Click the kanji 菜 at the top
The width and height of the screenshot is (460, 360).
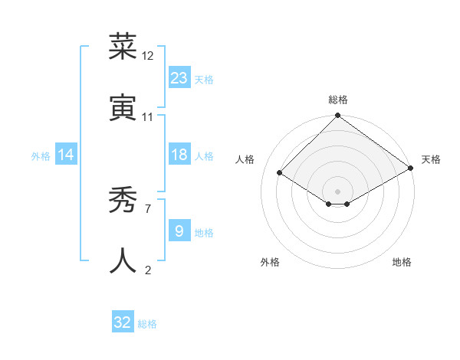coord(123,47)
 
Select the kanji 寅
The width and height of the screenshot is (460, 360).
coord(123,108)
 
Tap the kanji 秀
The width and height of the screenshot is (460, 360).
coord(123,201)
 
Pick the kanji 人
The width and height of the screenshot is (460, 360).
coord(123,261)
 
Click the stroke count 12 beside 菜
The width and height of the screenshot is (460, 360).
coord(148,56)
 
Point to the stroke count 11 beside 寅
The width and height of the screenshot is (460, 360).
coord(148,117)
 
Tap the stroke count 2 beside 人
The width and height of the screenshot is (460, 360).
coord(147,270)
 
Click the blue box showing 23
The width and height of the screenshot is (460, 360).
coord(179,78)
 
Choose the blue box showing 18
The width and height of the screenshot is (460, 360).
coord(179,155)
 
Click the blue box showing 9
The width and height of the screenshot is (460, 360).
coord(179,231)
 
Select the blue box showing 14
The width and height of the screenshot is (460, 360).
coord(66,155)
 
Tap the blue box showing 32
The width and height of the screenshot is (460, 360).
coord(123,323)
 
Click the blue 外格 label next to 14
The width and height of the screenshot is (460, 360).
coord(41,155)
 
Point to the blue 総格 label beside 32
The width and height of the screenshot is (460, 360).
coord(147,324)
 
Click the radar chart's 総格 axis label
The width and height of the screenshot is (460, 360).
coord(338,100)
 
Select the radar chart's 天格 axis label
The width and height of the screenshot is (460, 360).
coord(431,159)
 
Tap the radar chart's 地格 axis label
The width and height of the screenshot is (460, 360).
coord(402,262)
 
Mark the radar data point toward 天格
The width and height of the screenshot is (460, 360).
coord(411,169)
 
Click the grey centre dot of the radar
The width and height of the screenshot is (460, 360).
coord(338,191)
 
